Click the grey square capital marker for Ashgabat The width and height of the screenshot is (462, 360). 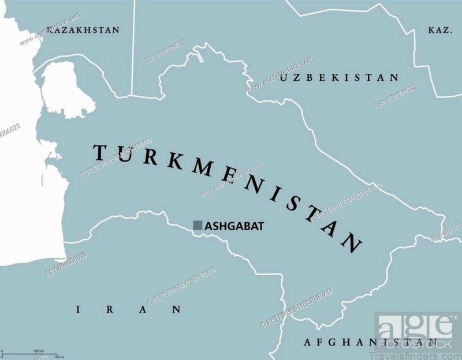[198, 226]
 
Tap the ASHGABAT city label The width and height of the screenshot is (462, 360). [234, 227]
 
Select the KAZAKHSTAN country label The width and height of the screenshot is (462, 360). [83, 29]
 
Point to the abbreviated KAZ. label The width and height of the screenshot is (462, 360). [439, 29]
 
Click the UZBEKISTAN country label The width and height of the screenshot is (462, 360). [340, 77]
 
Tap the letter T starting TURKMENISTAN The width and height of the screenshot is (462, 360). [99, 152]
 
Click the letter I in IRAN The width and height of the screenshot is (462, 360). [78, 310]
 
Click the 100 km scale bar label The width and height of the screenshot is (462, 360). [39, 351]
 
